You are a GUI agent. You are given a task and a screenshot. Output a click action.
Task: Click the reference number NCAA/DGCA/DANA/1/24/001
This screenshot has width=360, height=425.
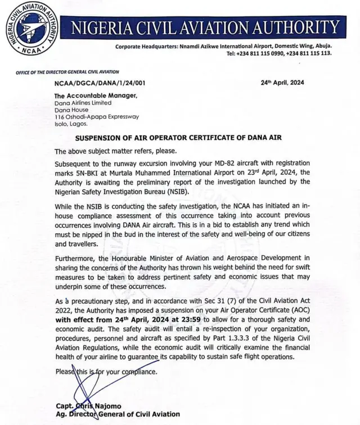point(100,83)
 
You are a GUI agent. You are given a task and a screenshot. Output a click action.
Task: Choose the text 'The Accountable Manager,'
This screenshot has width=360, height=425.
point(96,96)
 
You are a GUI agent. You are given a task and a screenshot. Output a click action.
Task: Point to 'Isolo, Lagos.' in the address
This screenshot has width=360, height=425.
point(73,124)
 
